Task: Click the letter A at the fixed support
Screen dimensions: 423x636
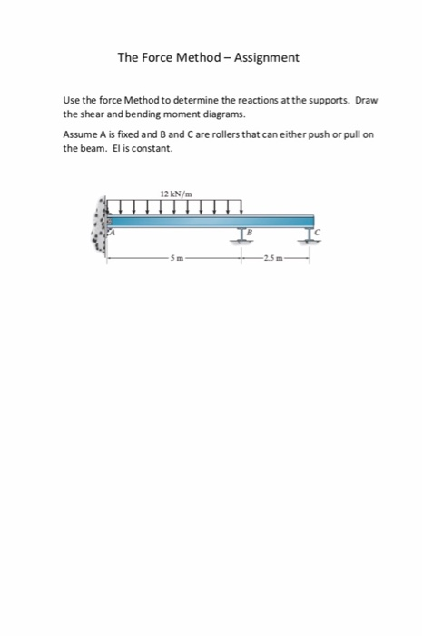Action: point(114,234)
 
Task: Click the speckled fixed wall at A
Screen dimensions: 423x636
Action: point(98,227)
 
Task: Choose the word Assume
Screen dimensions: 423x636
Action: point(79,134)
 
